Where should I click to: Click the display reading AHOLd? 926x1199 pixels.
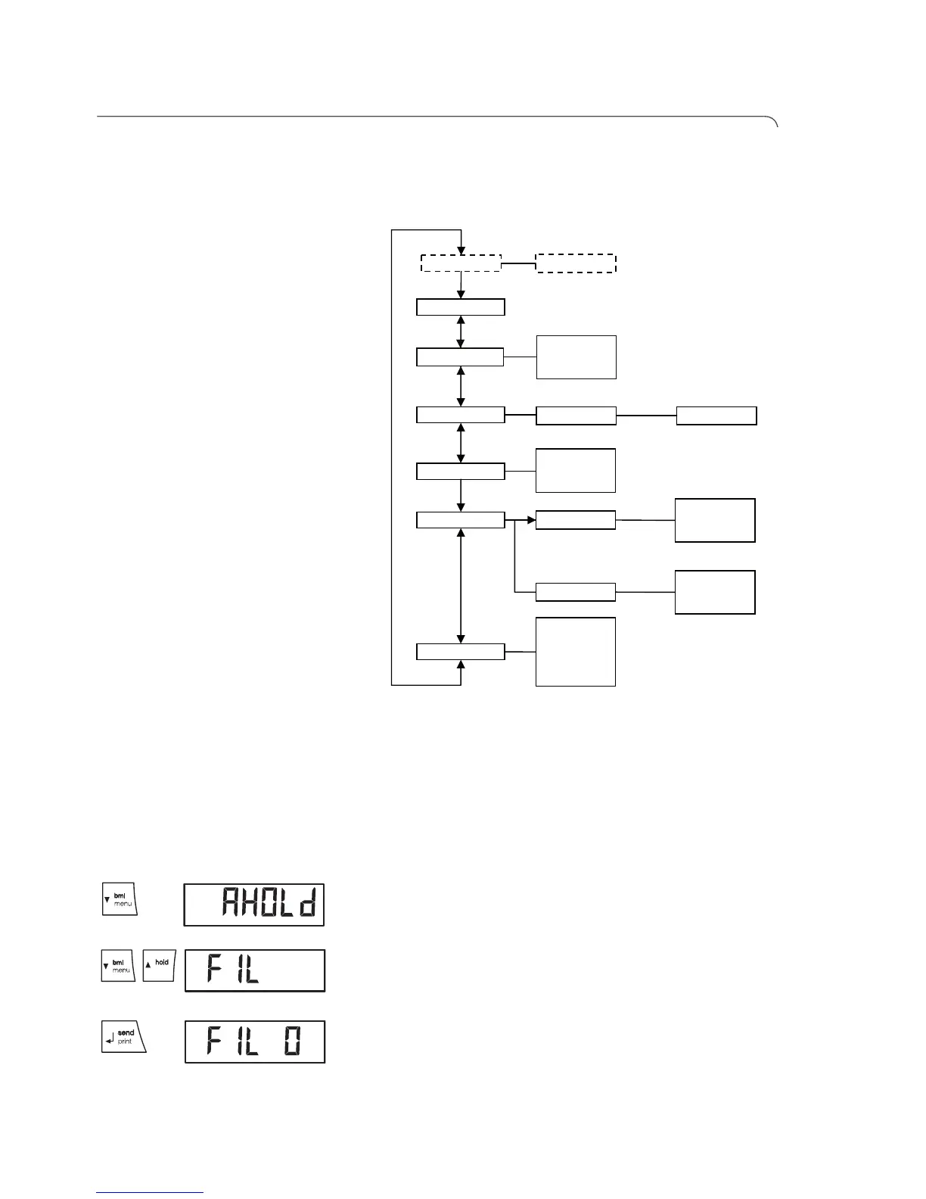coord(254,905)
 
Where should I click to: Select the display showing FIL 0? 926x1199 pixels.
coord(255,1042)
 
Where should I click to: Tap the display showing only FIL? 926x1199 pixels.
coord(255,970)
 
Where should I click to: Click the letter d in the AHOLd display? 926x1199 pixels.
coord(307,904)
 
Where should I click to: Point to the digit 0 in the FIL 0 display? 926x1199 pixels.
coord(291,1042)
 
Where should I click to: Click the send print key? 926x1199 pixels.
coord(123,1037)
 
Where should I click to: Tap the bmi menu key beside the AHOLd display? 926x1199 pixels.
coord(120,898)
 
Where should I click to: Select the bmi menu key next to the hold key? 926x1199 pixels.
coord(118,966)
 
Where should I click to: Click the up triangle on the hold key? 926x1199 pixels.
coord(148,965)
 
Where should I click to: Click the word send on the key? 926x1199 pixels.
coord(126,1032)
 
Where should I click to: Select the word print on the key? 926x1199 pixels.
coord(125,1042)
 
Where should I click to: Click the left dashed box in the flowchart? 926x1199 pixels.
coord(461,263)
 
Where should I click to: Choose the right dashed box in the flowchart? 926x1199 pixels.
coord(576,263)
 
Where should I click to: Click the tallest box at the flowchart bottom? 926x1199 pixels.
coord(576,652)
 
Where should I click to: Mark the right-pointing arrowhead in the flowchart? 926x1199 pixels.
coord(531,520)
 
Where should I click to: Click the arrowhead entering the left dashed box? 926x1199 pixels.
coord(461,251)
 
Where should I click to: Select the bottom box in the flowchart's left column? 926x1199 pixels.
coord(461,652)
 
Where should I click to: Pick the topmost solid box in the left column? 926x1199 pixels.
coord(461,307)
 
